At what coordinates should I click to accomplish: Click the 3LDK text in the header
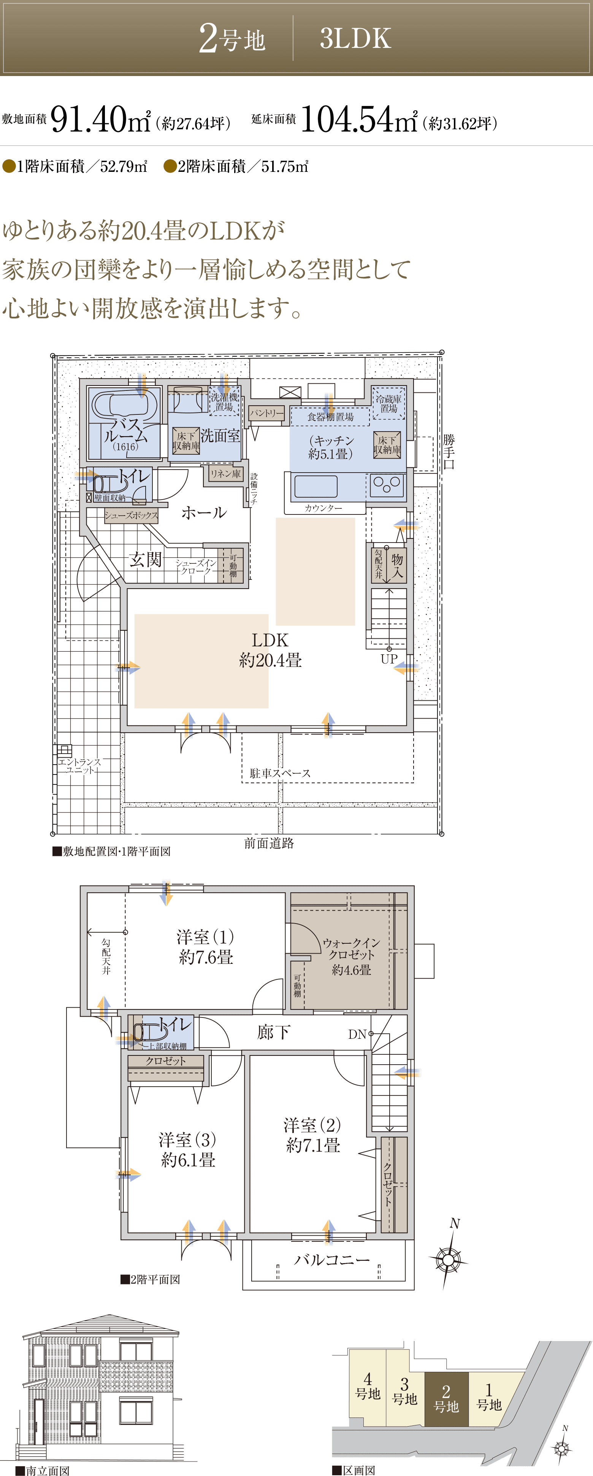(355, 38)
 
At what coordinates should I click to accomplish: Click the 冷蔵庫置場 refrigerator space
(388, 403)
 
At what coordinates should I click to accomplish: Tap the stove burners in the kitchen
(387, 485)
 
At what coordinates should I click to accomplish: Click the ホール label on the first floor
(204, 512)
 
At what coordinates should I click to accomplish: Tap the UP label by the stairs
(389, 659)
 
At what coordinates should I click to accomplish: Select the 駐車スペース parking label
(280, 773)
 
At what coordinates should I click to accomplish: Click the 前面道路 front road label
(269, 843)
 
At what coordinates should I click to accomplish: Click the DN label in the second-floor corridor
(357, 1034)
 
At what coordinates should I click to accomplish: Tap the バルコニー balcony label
(332, 1259)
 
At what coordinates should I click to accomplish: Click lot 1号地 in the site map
(489, 1397)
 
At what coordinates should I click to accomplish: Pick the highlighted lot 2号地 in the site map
(446, 1399)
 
